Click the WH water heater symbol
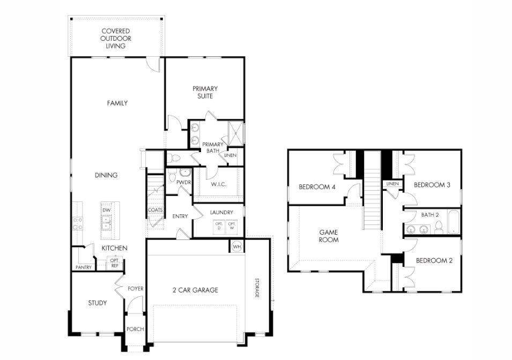tap(237, 246)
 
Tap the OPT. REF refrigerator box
tap(115, 263)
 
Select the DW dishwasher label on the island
tap(106, 210)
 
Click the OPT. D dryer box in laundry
tap(219, 226)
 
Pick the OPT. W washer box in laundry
tap(232, 226)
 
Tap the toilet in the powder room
tap(185, 173)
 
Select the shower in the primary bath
tap(235, 133)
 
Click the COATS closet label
tap(155, 210)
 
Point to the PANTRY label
tap(84, 267)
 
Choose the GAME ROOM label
tap(329, 236)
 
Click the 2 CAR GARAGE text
tap(195, 290)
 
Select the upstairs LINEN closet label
tap(391, 184)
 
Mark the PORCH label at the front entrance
tap(135, 329)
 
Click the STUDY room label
tap(97, 303)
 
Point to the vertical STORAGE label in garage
tap(257, 288)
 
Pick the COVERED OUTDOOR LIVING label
tap(115, 39)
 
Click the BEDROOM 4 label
tap(317, 187)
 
